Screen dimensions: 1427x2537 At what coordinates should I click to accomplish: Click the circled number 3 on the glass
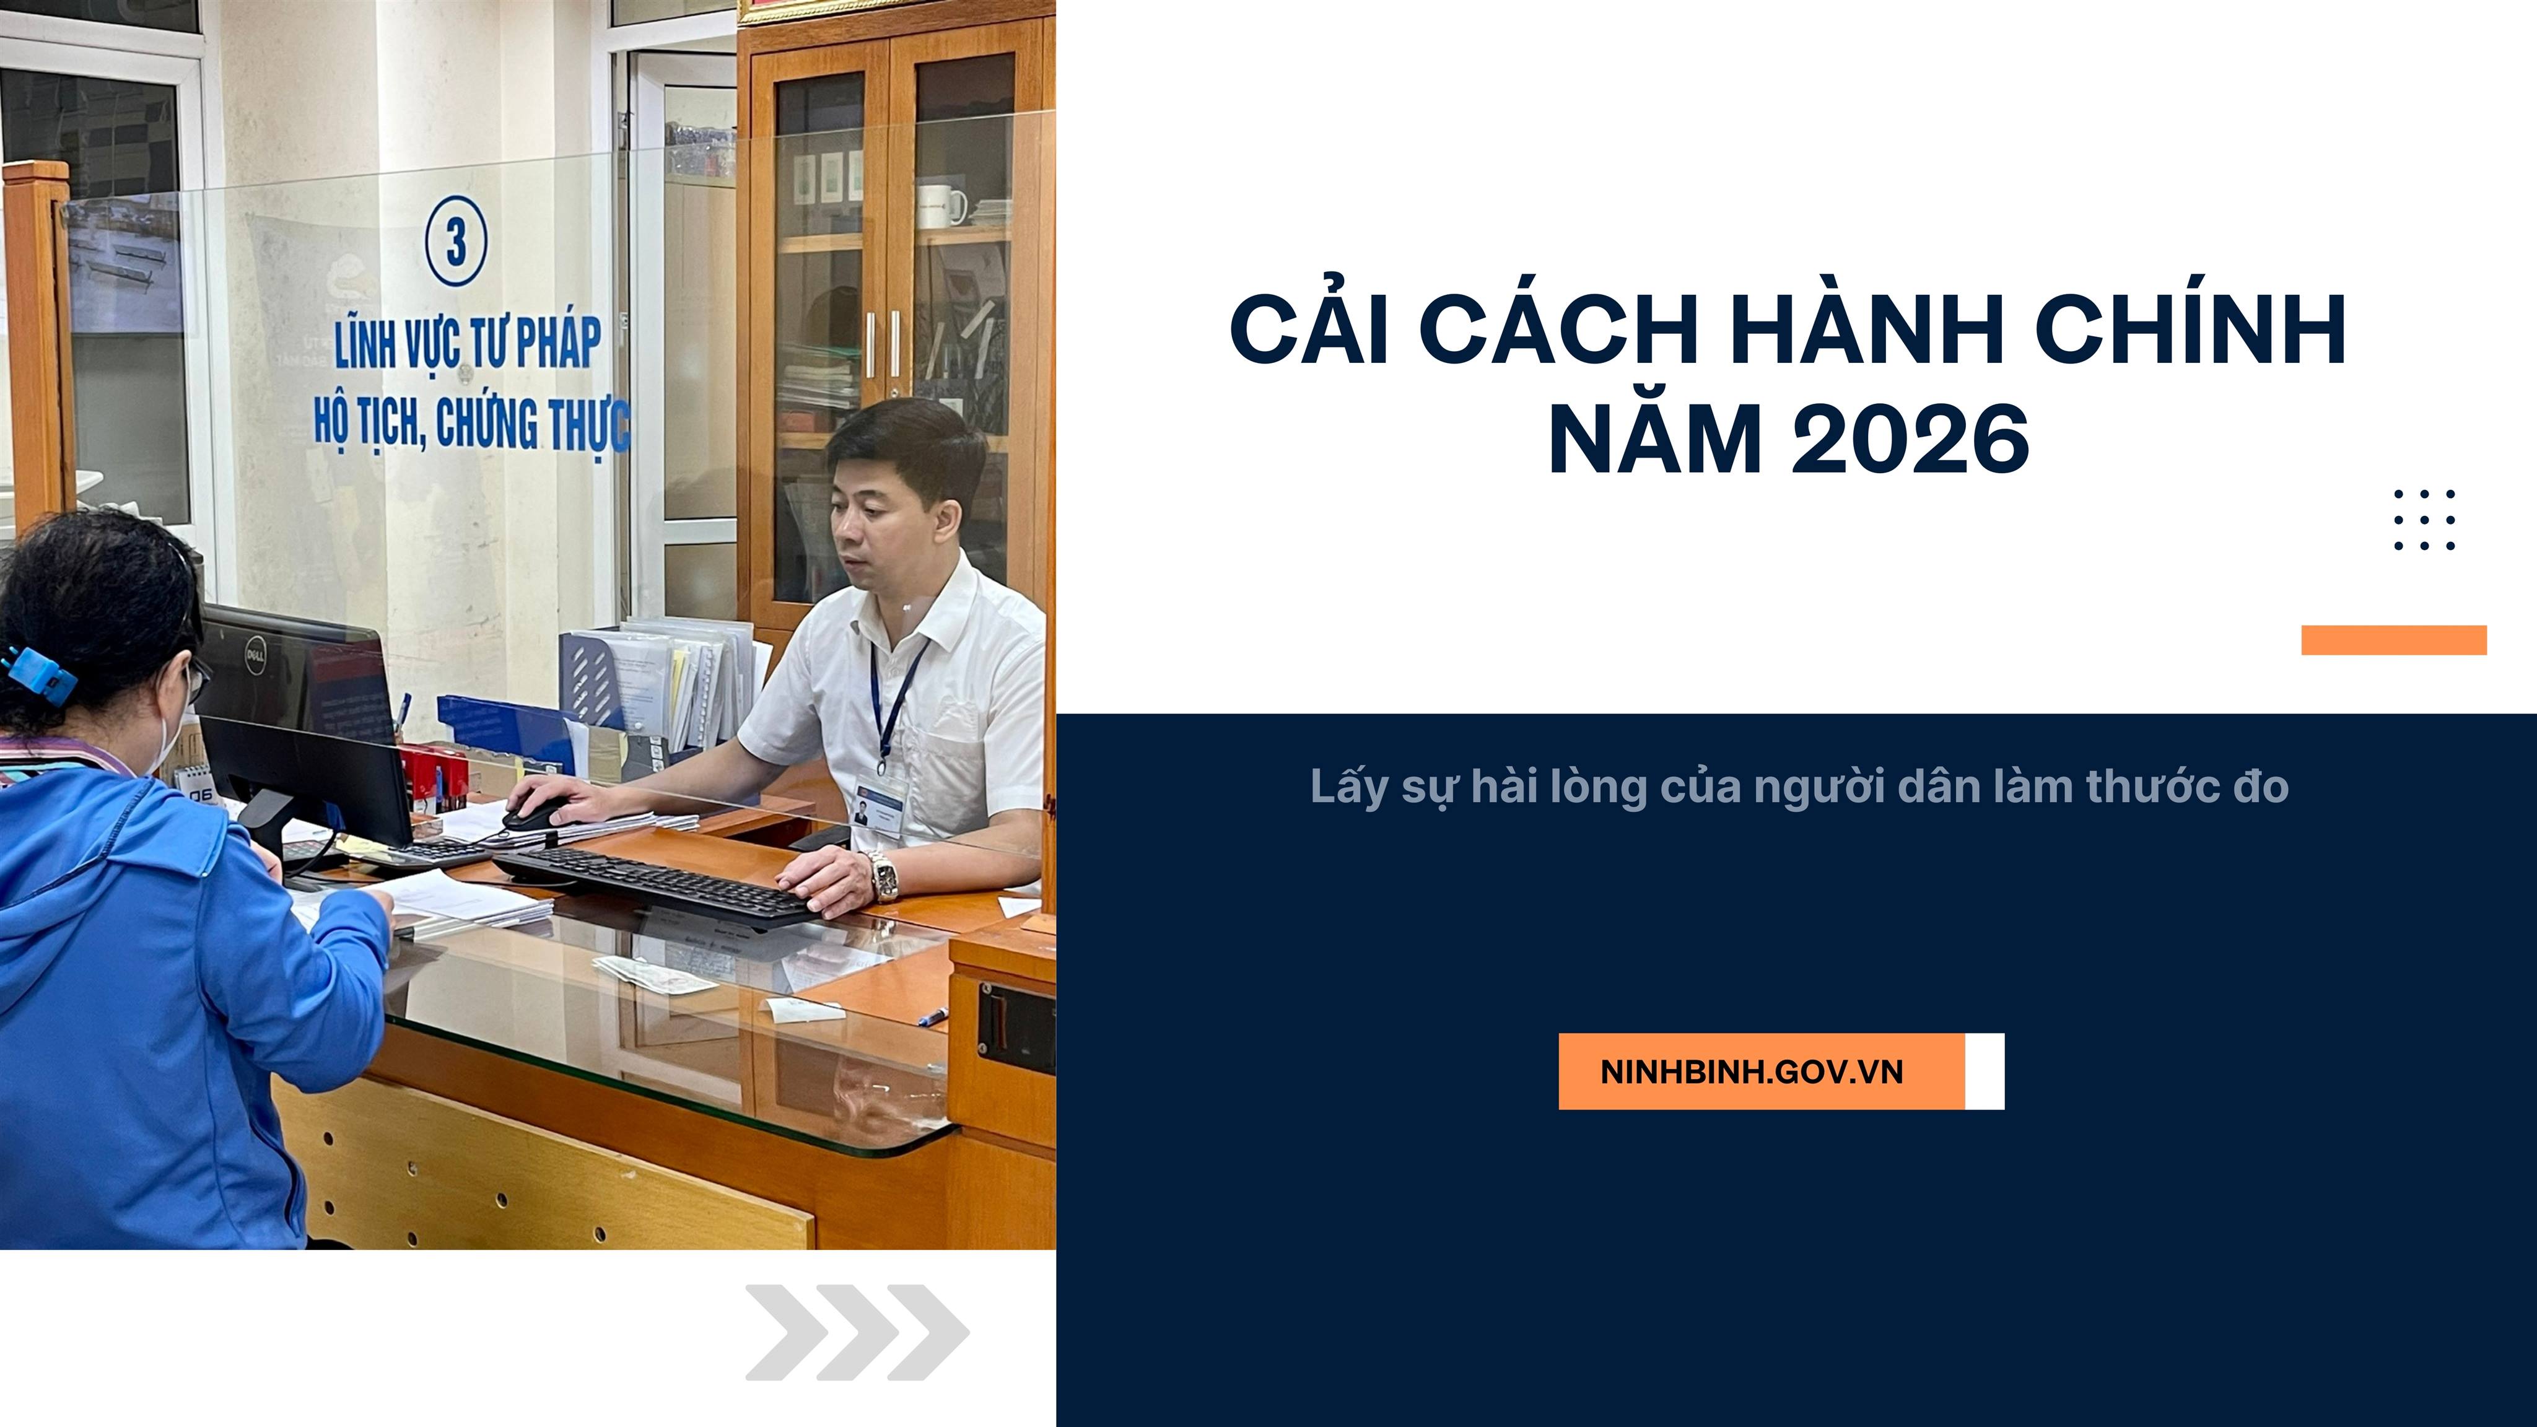pos(456,242)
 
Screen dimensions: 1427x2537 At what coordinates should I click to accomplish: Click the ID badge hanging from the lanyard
pos(880,803)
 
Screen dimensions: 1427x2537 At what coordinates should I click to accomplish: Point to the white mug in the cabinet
pos(940,206)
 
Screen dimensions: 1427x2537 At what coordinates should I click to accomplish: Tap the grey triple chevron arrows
pos(857,1332)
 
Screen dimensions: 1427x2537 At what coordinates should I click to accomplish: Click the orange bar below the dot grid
pos(2393,640)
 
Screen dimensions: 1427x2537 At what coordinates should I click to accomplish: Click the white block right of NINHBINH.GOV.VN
pos(1985,1071)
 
